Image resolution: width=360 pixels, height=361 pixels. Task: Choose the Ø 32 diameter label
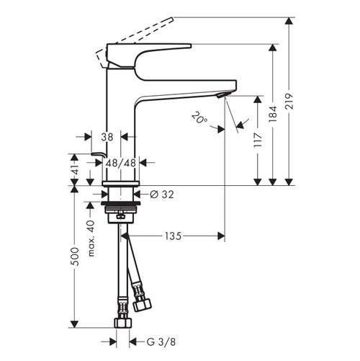(x=162, y=194)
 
